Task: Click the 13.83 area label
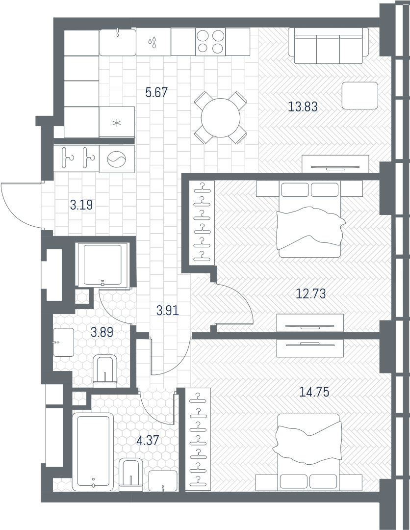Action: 303,107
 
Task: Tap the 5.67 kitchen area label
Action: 156,92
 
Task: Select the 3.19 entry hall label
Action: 81,205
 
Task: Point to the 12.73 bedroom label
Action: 311,294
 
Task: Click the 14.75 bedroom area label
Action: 314,392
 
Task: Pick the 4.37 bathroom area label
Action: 147,440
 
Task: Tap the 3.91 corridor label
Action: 168,310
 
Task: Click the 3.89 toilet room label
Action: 102,333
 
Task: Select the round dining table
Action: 221,118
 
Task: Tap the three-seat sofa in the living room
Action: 328,46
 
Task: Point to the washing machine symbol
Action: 117,159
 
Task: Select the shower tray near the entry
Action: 102,265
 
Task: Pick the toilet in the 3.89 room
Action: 105,371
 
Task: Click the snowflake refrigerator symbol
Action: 117,123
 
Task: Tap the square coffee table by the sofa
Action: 359,96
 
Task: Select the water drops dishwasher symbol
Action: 153,42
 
